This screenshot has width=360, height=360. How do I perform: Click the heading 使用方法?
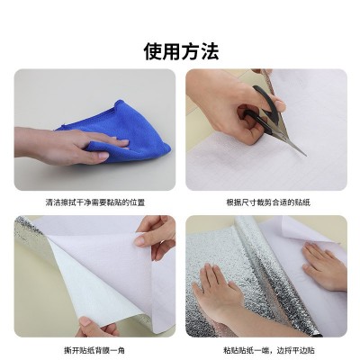point(181,51)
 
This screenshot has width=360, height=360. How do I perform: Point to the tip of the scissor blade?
point(306,156)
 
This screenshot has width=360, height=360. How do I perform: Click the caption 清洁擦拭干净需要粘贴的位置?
point(95,202)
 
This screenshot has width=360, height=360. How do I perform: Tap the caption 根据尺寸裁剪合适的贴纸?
point(268,202)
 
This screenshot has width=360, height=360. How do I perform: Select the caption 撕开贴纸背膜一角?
point(94,350)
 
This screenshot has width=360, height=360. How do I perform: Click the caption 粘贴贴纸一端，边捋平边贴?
point(269,350)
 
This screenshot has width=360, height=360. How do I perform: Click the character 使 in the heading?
point(153,51)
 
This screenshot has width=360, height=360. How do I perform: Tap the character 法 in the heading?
point(210,51)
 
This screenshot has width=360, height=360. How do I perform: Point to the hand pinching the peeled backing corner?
point(156,237)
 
